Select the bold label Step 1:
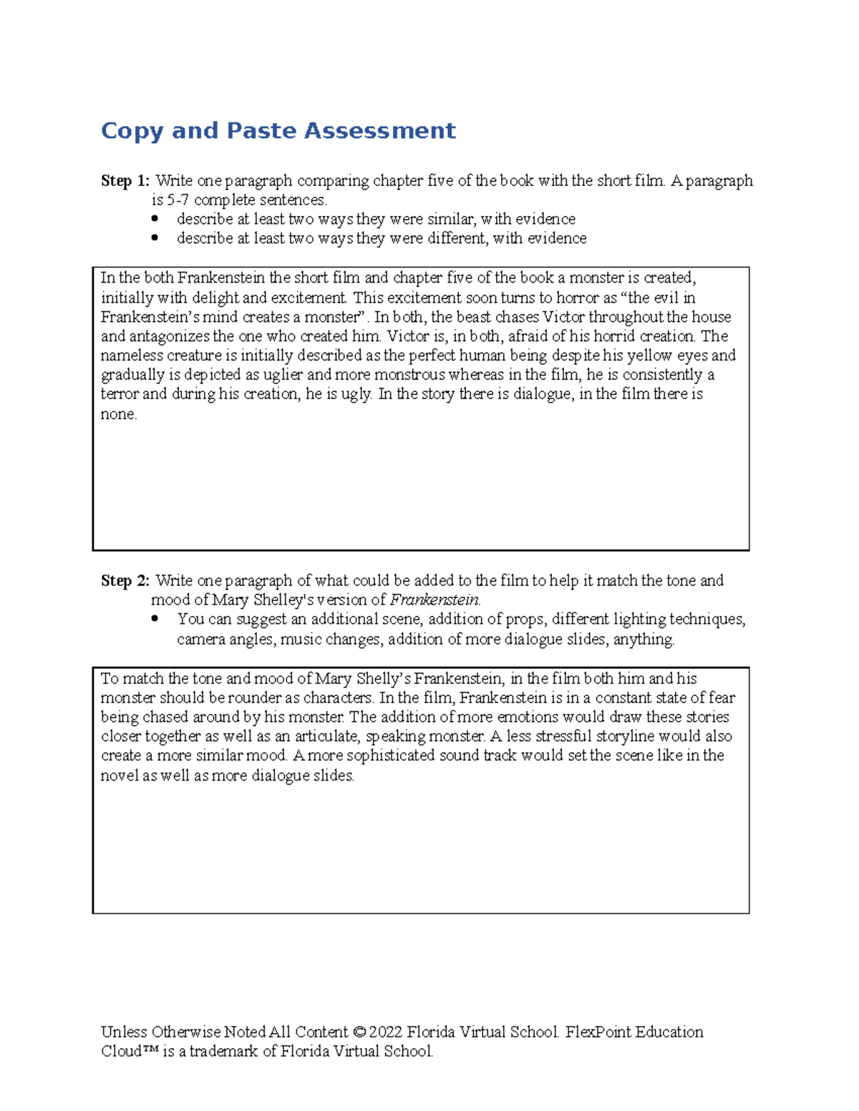pos(125,181)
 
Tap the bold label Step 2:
pos(125,581)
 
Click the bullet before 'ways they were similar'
pos(155,219)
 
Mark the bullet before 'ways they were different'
pos(155,238)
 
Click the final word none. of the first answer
pos(118,414)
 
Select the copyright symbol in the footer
pos(359,1032)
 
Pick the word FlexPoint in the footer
pos(598,1032)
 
